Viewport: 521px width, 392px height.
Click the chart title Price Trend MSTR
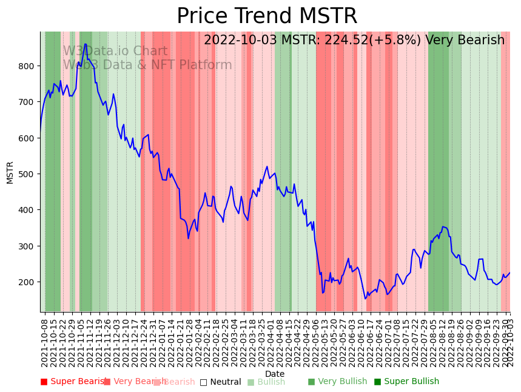pyautogui.click(x=267, y=16)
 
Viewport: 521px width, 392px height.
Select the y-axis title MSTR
pyautogui.click(x=10, y=172)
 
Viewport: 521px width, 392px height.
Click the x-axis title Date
pyautogui.click(x=275, y=374)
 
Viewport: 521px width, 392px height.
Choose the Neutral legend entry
pyautogui.click(x=221, y=382)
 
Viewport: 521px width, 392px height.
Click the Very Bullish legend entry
pyautogui.click(x=337, y=382)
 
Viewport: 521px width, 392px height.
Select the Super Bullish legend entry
pyautogui.click(x=406, y=382)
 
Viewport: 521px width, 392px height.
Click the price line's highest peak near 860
pyautogui.click(x=86, y=44)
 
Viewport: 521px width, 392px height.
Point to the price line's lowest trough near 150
pyautogui.click(x=365, y=299)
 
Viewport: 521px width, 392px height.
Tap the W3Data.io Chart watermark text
pyautogui.click(x=115, y=52)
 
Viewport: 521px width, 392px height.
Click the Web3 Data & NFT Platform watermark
pyautogui.click(x=147, y=66)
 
